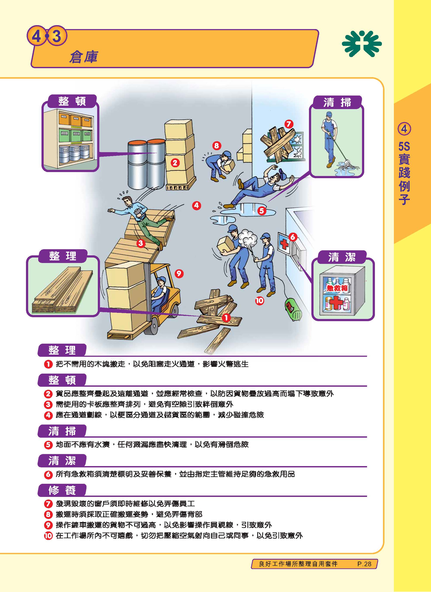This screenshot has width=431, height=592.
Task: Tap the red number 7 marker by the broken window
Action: [x=289, y=124]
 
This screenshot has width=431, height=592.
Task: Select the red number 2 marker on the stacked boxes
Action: [x=175, y=163]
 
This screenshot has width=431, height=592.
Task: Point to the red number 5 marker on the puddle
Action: [x=262, y=210]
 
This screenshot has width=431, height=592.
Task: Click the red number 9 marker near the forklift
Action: [x=179, y=273]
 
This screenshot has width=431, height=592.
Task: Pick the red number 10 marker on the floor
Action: [x=259, y=301]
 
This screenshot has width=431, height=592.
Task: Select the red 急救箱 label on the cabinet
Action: [x=337, y=288]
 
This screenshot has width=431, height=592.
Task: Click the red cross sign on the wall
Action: [x=284, y=244]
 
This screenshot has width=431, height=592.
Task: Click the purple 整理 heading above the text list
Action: [x=62, y=350]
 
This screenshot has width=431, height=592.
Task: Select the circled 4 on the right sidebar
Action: [x=404, y=129]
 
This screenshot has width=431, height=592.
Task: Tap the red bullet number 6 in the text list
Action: [x=48, y=474]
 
